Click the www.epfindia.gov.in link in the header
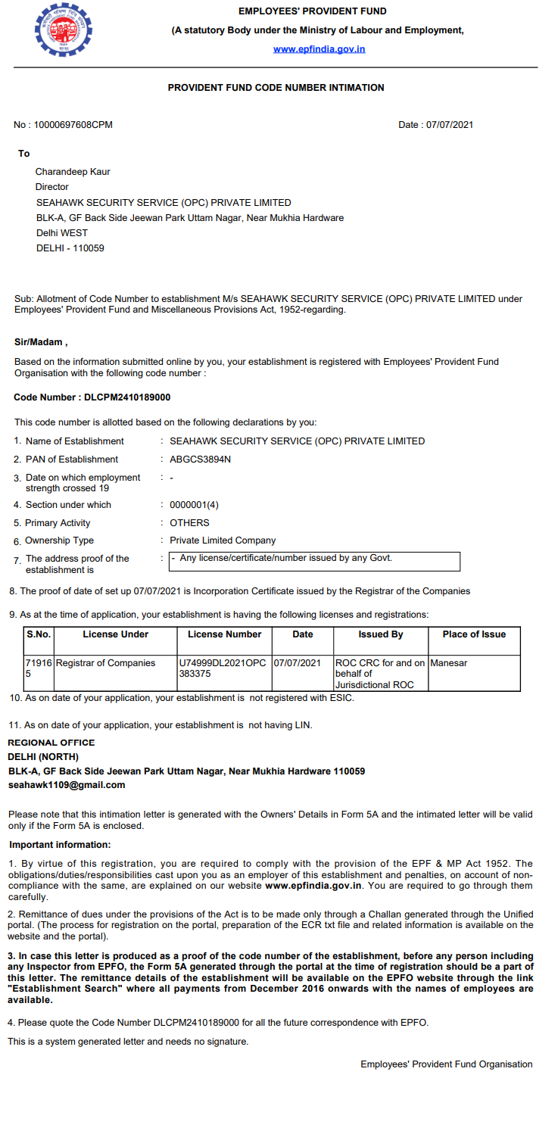[319, 49]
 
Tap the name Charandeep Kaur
[73, 172]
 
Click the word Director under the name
[51, 187]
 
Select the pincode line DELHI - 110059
[70, 248]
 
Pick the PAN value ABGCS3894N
[200, 460]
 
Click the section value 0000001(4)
[194, 505]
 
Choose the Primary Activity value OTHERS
[189, 523]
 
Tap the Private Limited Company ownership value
[223, 541]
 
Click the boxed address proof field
[313, 560]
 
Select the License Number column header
[224, 634]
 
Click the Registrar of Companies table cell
[105, 663]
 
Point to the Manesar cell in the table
[449, 663]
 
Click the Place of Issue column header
[474, 634]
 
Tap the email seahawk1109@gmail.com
[67, 785]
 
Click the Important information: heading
[60, 845]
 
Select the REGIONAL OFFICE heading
[51, 743]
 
